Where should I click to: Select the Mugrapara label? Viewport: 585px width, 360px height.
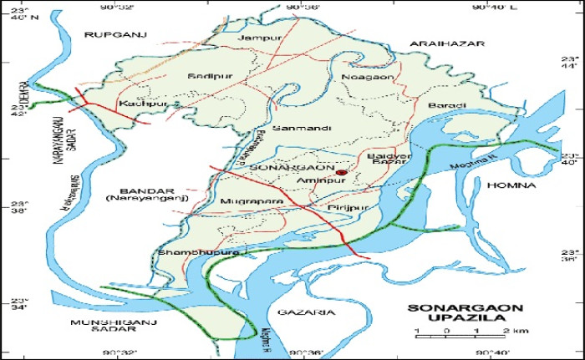click(x=242, y=201)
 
